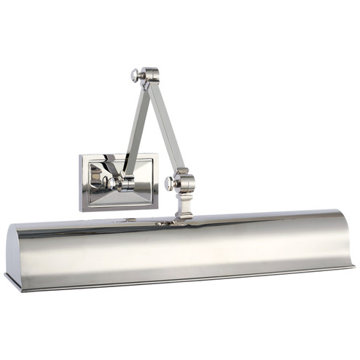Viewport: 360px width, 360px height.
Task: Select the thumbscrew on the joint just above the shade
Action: [169, 181]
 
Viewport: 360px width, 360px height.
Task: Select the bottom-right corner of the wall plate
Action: [158, 208]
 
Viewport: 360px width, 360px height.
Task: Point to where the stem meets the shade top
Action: [184, 218]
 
